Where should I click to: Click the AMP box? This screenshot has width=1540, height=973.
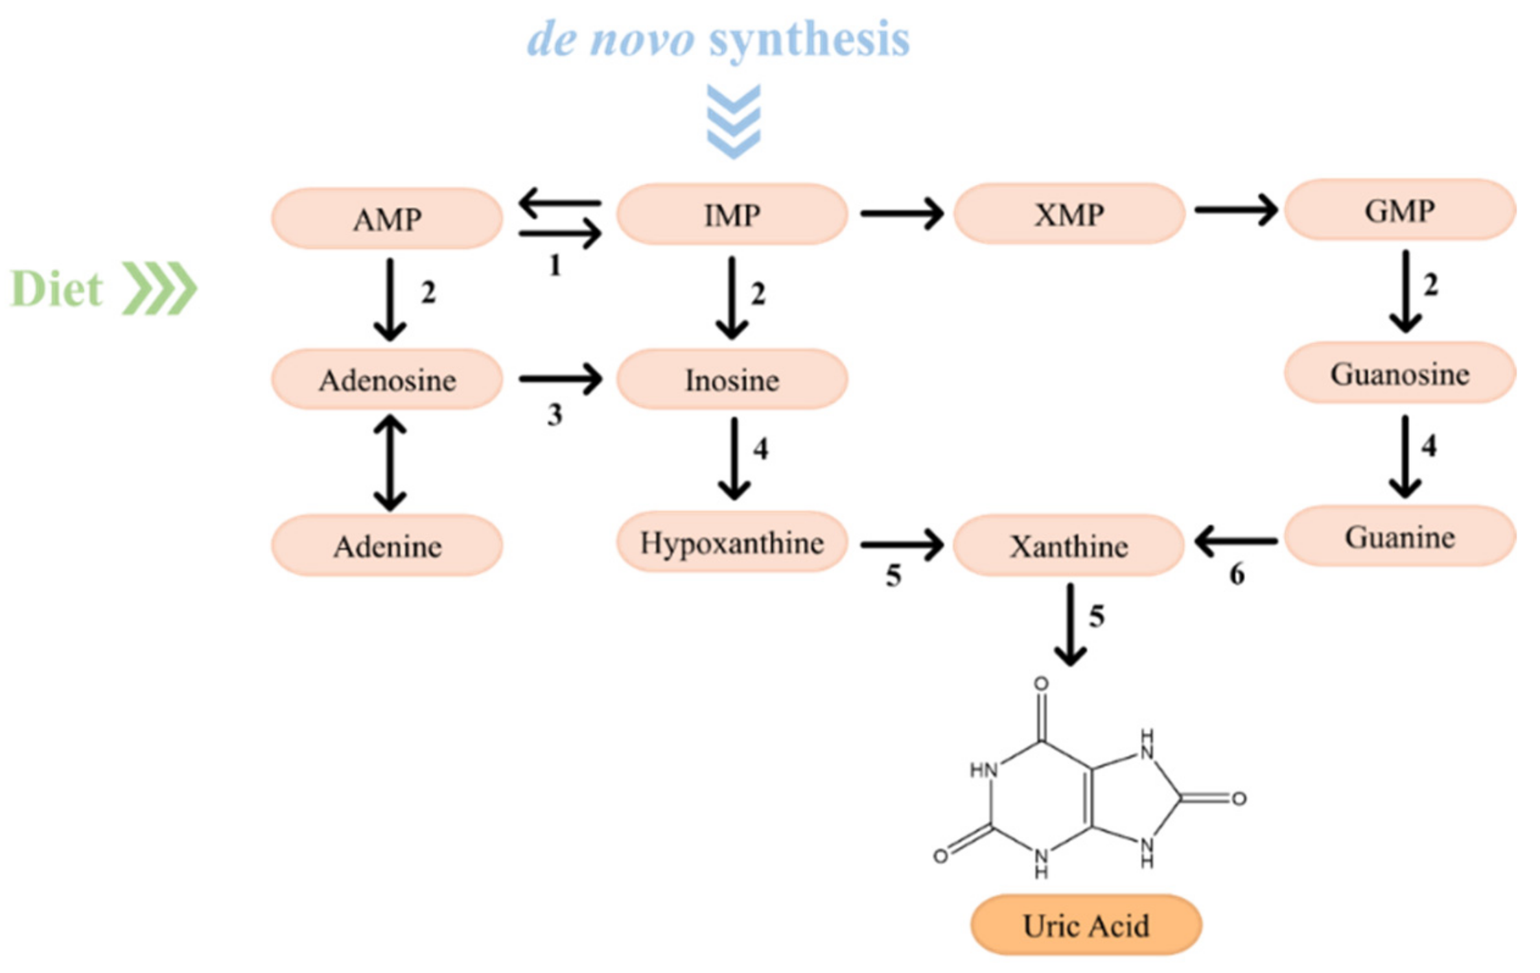(387, 219)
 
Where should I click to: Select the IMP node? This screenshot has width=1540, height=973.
(732, 215)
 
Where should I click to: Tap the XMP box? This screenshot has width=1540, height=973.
(1069, 214)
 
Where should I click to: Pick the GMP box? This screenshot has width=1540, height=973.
(1399, 211)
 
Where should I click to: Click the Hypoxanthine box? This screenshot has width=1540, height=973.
(732, 542)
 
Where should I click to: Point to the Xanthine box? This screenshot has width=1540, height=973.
(1069, 546)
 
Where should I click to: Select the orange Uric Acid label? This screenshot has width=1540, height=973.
(1086, 925)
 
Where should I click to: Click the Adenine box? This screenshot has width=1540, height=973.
(387, 546)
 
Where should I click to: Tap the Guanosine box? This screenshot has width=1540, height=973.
(1399, 374)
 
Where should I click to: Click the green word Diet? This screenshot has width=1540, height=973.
(57, 289)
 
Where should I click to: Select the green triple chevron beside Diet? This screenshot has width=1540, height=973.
(159, 289)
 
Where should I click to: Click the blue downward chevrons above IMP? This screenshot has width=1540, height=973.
(733, 121)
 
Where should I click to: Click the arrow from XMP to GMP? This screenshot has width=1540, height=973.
(1235, 210)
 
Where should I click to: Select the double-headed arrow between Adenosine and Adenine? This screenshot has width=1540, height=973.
(390, 462)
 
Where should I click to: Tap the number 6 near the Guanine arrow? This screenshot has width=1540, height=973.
(1237, 574)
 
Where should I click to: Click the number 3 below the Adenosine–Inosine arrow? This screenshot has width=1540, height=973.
(555, 414)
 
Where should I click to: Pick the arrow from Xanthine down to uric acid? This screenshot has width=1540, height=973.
(1070, 624)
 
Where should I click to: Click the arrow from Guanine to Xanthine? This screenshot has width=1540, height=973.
(1235, 540)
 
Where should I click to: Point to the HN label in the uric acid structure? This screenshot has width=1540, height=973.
(983, 770)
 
